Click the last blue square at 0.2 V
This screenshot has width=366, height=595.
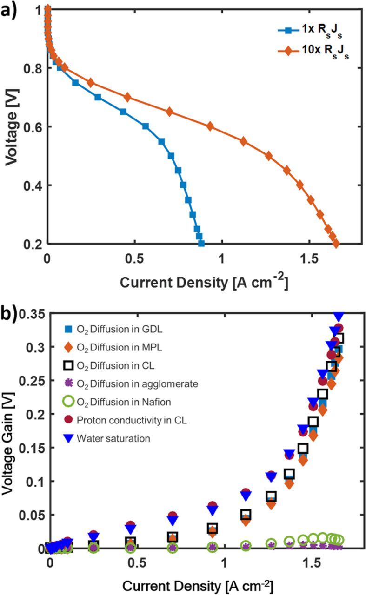201,243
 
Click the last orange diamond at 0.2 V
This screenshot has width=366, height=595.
336,243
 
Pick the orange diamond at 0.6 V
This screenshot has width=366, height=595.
210,126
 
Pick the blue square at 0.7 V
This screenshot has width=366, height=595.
98,97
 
